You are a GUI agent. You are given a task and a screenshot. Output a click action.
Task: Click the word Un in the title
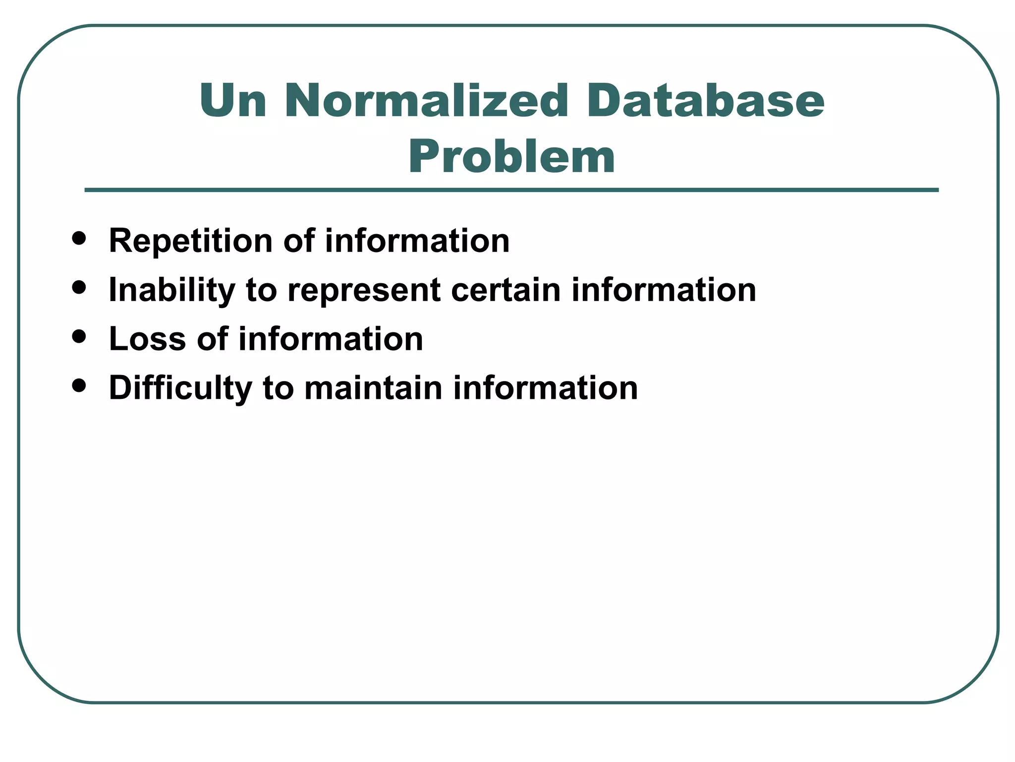point(233,101)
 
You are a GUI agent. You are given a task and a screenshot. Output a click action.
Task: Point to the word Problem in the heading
point(511,158)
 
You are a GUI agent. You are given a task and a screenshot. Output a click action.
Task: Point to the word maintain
point(373,388)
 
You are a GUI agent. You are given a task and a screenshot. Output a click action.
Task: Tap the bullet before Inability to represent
point(79,287)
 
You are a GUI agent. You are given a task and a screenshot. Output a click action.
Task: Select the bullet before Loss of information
point(79,336)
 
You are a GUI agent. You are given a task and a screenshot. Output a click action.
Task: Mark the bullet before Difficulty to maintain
point(79,385)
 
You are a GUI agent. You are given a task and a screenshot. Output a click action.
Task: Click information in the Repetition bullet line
point(417,241)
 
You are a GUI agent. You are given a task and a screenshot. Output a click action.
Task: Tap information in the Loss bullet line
point(331,339)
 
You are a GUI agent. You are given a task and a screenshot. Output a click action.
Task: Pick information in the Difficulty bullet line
point(546,388)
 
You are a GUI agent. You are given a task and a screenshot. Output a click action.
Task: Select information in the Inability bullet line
point(664,290)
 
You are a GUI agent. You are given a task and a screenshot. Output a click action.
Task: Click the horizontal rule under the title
point(511,190)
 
